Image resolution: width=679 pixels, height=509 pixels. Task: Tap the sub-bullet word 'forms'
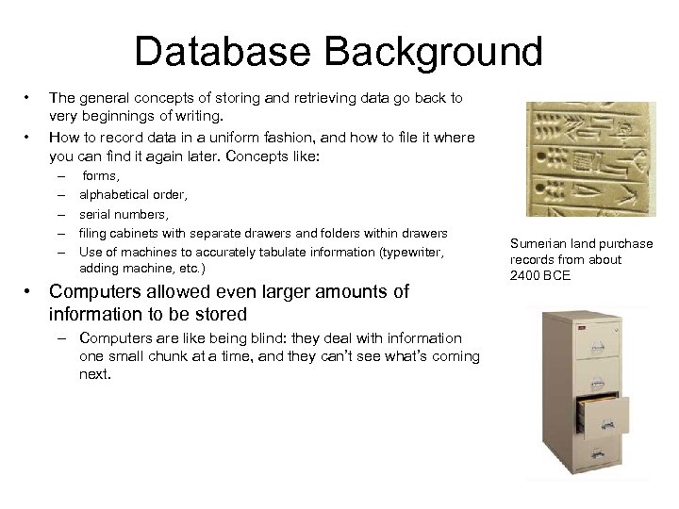click(x=100, y=174)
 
